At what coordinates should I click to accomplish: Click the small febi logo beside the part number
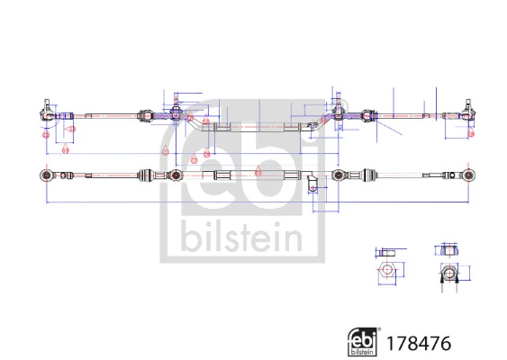click(361, 342)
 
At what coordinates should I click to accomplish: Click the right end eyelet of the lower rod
click(469, 173)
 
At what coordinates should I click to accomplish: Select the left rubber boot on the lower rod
click(147, 174)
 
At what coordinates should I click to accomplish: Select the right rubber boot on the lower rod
click(368, 173)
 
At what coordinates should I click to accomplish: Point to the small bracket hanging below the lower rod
click(312, 186)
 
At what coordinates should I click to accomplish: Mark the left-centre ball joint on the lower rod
click(176, 174)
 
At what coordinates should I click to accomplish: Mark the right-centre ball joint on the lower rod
click(339, 173)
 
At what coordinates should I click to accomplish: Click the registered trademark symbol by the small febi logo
click(379, 330)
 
